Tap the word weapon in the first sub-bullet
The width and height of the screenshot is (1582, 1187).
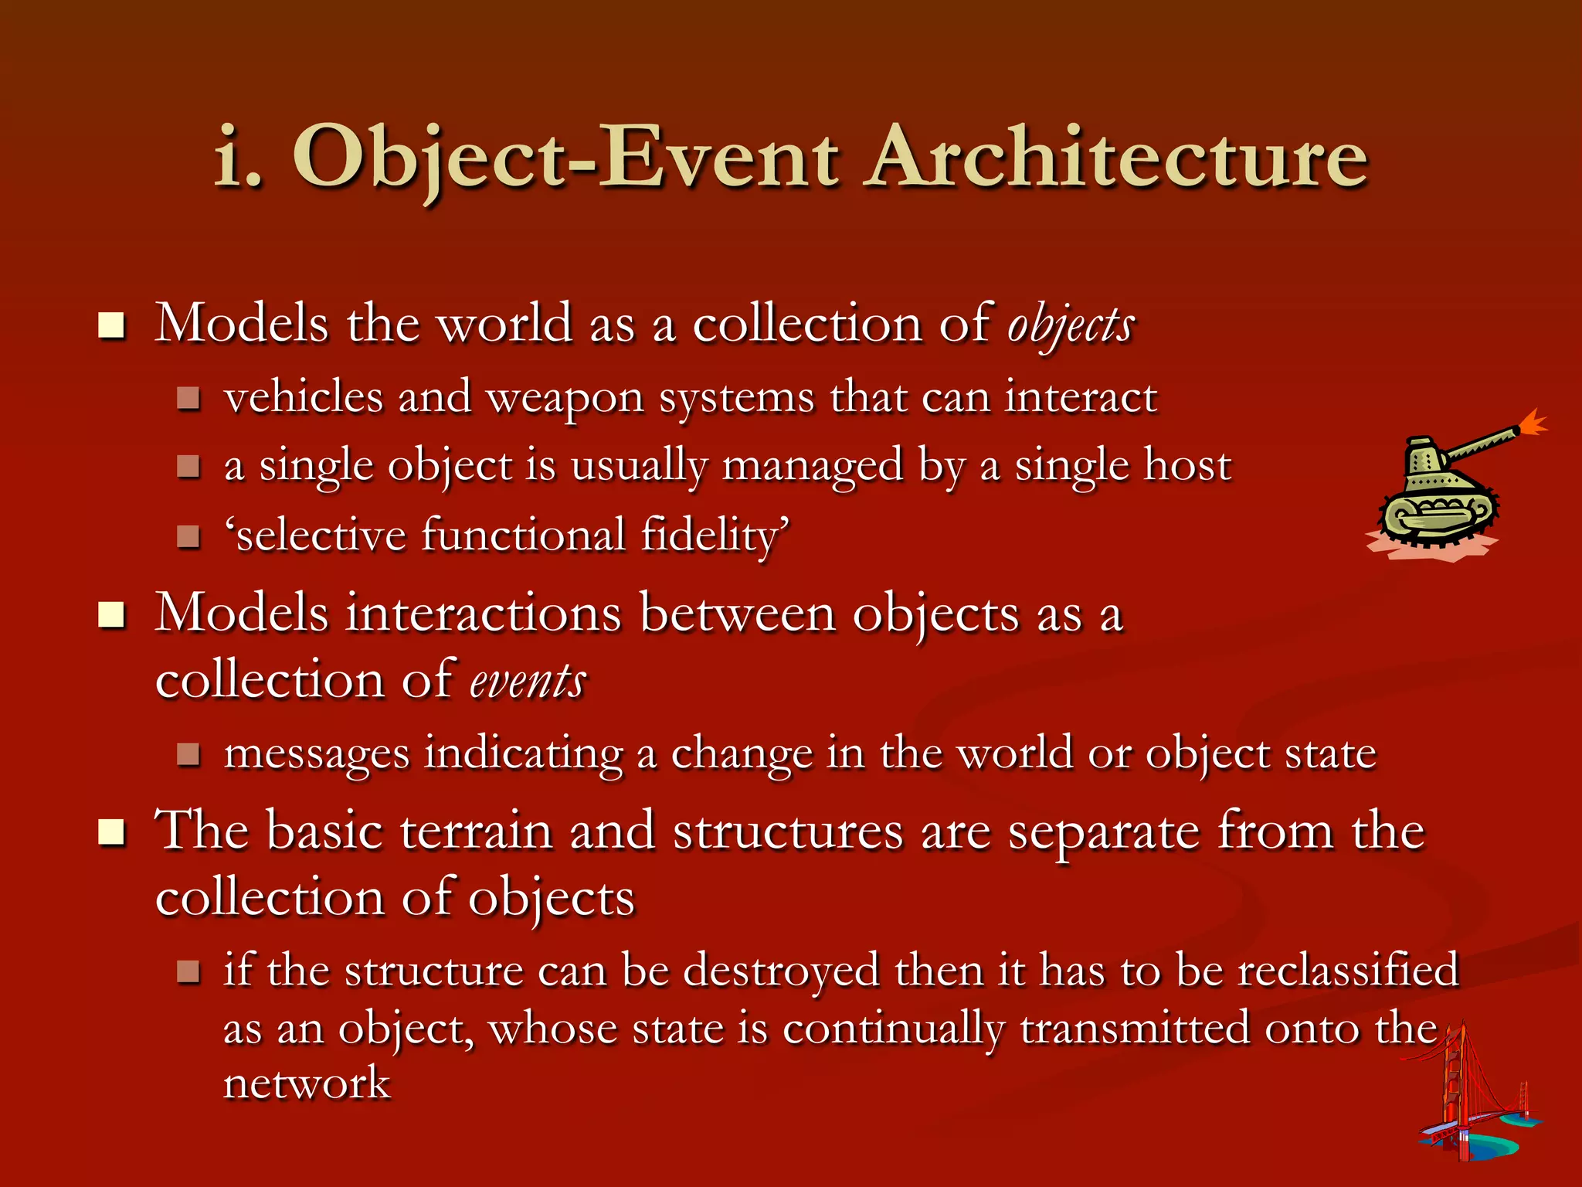click(x=565, y=399)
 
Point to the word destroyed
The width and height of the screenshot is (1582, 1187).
click(x=781, y=971)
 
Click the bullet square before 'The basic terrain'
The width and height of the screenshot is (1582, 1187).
click(x=112, y=832)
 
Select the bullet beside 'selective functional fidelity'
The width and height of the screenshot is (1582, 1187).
click(x=188, y=536)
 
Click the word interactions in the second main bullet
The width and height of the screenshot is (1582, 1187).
click(x=483, y=614)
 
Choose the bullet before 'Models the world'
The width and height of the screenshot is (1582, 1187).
click(x=112, y=325)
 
